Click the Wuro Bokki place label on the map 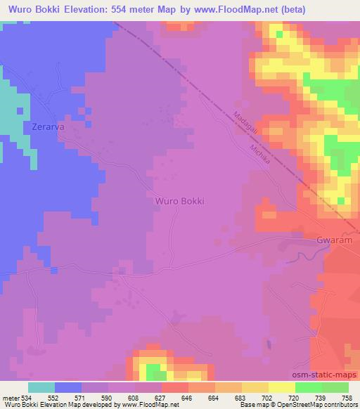coord(179,200)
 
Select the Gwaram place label coord(333,240)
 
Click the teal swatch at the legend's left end coord(41,387)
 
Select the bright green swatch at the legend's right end coord(335,387)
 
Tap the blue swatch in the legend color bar coord(68,387)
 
